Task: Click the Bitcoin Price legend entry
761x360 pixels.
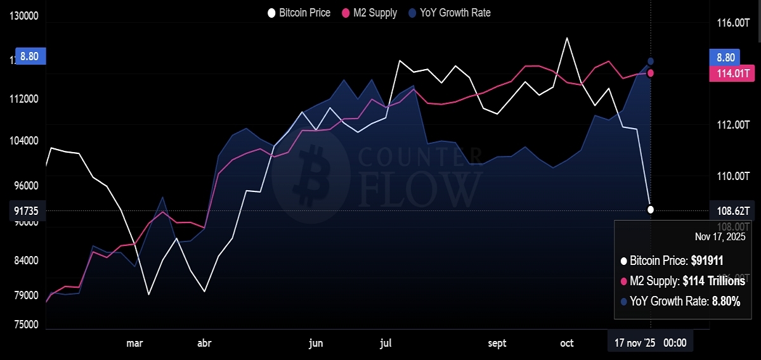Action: click(299, 13)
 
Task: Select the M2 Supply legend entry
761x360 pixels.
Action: click(370, 13)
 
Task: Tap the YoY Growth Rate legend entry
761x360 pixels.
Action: click(450, 13)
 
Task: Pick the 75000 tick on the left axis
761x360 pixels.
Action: click(25, 325)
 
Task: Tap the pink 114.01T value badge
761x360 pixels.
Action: click(729, 74)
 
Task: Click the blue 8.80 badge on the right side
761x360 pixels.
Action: click(725, 57)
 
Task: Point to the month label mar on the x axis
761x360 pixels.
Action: click(134, 344)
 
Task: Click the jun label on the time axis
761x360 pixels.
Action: click(316, 344)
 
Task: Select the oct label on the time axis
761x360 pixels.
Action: click(567, 344)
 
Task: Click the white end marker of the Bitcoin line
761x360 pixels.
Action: click(651, 209)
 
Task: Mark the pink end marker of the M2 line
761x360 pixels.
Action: click(651, 73)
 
